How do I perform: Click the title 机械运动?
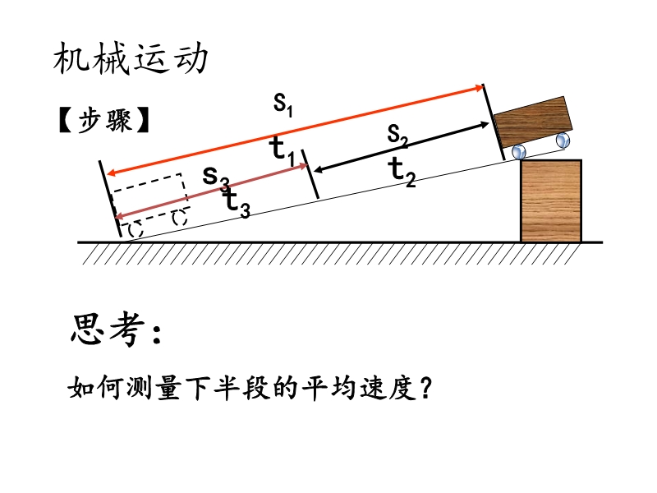pos(131,58)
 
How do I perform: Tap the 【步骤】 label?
pos(104,120)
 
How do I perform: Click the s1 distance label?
pos(283,104)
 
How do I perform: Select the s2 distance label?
pos(397,136)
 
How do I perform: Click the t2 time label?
pos(402,172)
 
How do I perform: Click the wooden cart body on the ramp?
pos(533,122)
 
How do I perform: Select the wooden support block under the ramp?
pos(551,201)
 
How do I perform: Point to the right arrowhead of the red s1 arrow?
pos(480,88)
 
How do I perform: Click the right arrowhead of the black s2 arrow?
pos(485,125)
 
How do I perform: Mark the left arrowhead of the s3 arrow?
pos(119,216)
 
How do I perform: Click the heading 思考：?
pos(116,329)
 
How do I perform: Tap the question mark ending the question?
pos(425,388)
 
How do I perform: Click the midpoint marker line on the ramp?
pos(310,174)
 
